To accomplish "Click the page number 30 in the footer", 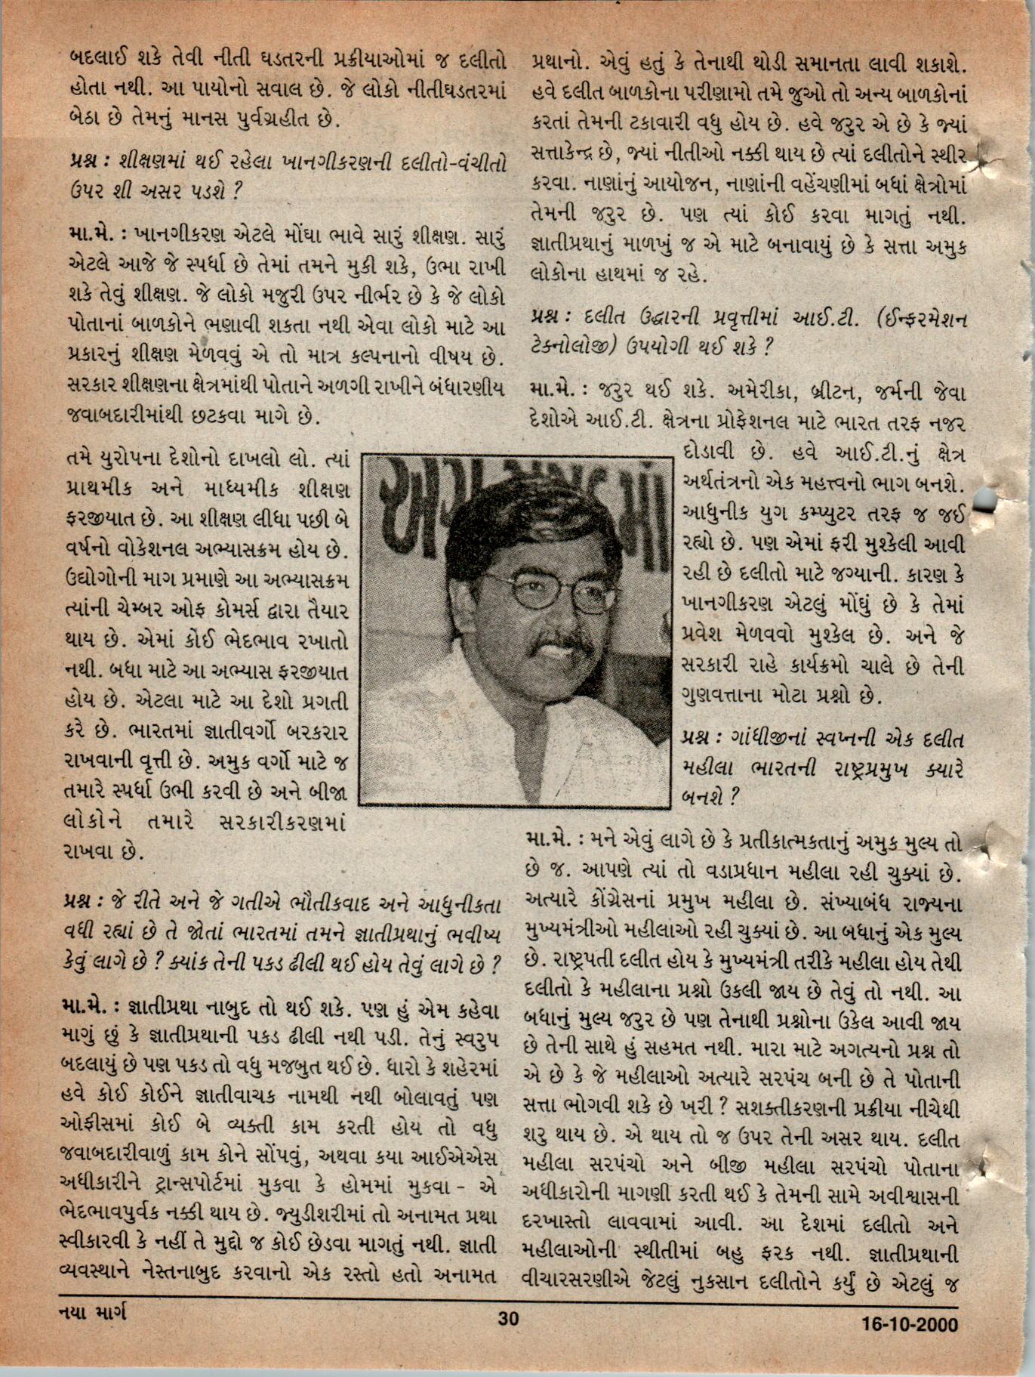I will click(x=509, y=1339).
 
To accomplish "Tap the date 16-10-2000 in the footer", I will click(x=909, y=1345).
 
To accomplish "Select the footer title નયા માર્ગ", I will click(x=93, y=1335).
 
